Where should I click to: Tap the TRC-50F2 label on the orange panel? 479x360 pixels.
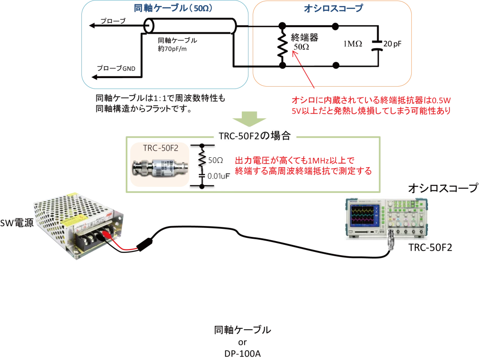tap(160, 149)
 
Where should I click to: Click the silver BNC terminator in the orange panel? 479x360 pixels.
tap(161, 168)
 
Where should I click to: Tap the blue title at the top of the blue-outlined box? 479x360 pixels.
tap(166, 9)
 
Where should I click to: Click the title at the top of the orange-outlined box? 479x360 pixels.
tap(332, 9)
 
